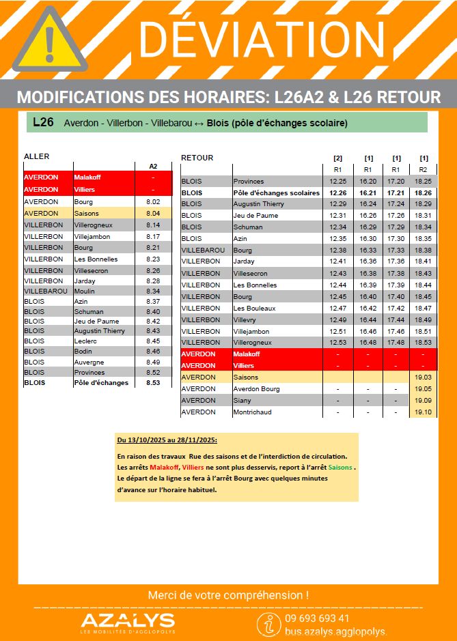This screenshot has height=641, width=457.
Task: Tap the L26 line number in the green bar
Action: tap(43, 123)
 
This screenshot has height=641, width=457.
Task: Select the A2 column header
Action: tap(153, 166)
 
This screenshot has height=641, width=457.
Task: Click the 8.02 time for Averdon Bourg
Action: tap(153, 202)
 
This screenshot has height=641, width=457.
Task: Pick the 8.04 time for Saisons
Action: tap(153, 214)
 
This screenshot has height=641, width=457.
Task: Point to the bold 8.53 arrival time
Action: tap(153, 383)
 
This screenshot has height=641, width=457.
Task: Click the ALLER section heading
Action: tap(37, 156)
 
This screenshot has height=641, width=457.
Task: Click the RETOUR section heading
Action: tap(197, 158)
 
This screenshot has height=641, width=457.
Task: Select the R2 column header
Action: tap(424, 169)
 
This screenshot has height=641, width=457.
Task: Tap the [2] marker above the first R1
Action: tap(337, 158)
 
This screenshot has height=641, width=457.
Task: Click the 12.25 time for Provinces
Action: tap(337, 182)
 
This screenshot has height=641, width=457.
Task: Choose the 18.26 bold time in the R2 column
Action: tap(424, 193)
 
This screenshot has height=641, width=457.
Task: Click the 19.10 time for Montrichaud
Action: tap(424, 412)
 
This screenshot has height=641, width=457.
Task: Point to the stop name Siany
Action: tap(243, 401)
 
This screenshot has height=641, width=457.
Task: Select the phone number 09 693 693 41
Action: tap(318, 618)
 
